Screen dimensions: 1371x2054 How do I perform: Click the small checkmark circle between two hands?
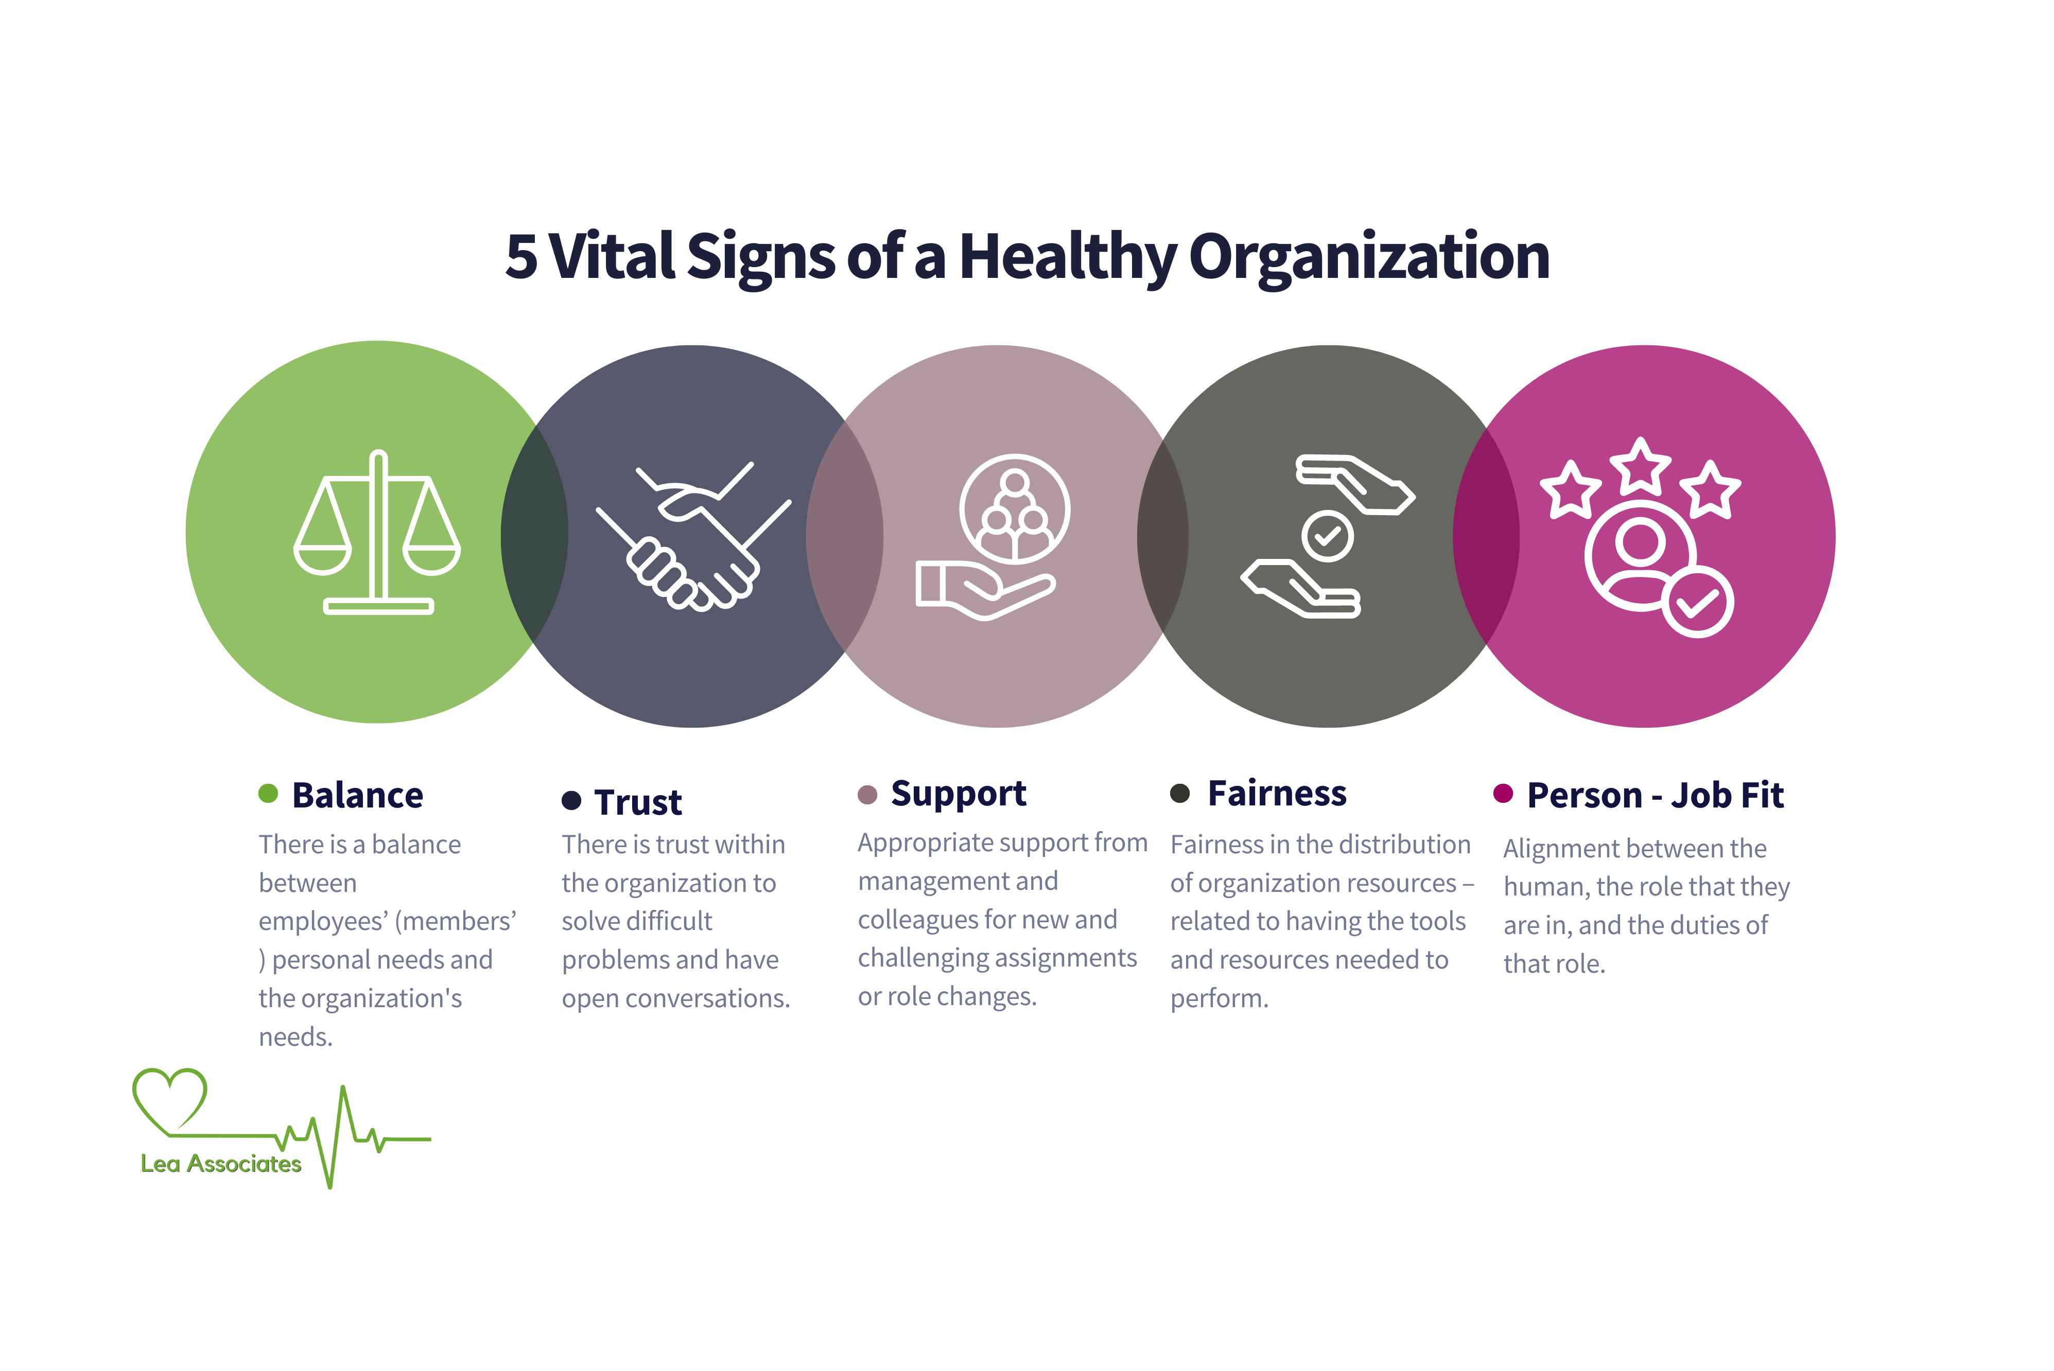point(1327,535)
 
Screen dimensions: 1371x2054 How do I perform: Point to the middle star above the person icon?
point(1641,466)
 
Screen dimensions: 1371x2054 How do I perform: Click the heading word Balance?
point(358,796)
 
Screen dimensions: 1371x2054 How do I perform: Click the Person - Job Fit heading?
point(1655,796)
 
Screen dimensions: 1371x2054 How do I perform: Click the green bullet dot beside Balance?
point(268,793)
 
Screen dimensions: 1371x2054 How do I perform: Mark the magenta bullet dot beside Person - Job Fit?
point(1503,793)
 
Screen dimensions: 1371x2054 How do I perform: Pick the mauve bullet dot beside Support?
point(867,794)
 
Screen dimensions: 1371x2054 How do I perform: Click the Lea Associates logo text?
point(221,1164)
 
